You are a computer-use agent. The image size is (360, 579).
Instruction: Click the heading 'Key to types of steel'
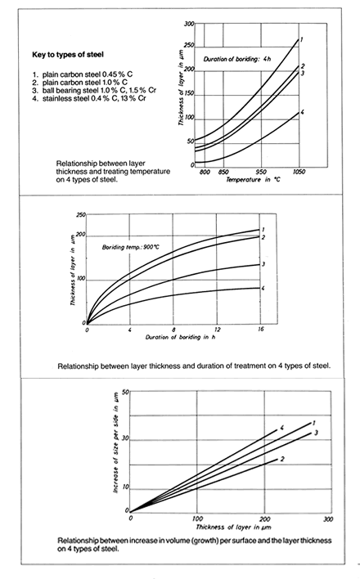click(68, 55)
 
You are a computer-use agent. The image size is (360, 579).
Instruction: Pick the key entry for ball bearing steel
click(94, 91)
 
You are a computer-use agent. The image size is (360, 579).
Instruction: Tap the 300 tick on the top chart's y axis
click(189, 24)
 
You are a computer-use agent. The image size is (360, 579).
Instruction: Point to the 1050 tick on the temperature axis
click(299, 172)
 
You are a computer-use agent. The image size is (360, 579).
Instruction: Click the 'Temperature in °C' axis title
click(253, 180)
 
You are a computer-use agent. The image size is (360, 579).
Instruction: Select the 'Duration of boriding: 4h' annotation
click(237, 59)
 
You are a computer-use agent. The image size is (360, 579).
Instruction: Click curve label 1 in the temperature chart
click(302, 39)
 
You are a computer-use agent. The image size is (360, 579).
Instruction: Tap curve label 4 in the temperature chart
click(302, 112)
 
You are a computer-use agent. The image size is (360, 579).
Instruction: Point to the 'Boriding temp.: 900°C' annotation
click(130, 247)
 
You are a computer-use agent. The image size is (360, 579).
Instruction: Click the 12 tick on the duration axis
click(217, 329)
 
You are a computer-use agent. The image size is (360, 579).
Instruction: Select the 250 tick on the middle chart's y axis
click(80, 215)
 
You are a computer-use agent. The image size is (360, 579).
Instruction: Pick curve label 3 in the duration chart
click(263, 264)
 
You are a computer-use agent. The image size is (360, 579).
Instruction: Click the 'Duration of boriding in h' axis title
click(180, 337)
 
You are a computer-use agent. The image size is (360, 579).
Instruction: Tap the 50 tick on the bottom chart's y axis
click(125, 392)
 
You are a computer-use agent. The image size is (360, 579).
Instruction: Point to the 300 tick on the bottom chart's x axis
click(328, 518)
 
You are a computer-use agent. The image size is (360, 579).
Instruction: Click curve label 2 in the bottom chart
click(282, 459)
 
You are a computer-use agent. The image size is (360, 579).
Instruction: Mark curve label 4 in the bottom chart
click(281, 428)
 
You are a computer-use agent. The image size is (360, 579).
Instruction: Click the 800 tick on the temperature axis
click(205, 172)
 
